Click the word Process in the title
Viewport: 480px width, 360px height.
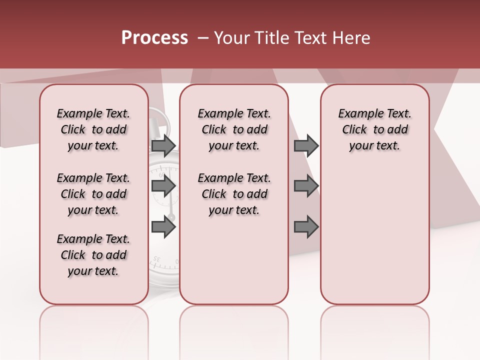pyautogui.click(x=154, y=38)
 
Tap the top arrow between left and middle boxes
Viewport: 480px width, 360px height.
pyautogui.click(x=163, y=145)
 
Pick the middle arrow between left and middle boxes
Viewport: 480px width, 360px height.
pyautogui.click(x=163, y=186)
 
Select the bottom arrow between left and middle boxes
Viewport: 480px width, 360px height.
pyautogui.click(x=163, y=227)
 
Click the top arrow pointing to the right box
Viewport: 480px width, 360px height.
pyautogui.click(x=306, y=145)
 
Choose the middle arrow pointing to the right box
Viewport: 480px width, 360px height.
pyautogui.click(x=306, y=186)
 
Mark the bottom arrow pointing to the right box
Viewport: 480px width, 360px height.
pyautogui.click(x=306, y=227)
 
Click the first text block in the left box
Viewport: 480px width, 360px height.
pyautogui.click(x=93, y=129)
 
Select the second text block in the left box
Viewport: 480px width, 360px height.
pyautogui.click(x=93, y=194)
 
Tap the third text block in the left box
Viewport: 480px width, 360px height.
pyautogui.click(x=93, y=255)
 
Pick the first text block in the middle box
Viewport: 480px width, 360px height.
pyautogui.click(x=234, y=129)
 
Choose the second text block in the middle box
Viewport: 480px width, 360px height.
pyautogui.click(x=234, y=194)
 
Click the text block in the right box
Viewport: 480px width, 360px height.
pyautogui.click(x=374, y=129)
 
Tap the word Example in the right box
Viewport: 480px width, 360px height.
pyautogui.click(x=357, y=114)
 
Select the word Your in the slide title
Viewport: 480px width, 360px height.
pyautogui.click(x=230, y=38)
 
